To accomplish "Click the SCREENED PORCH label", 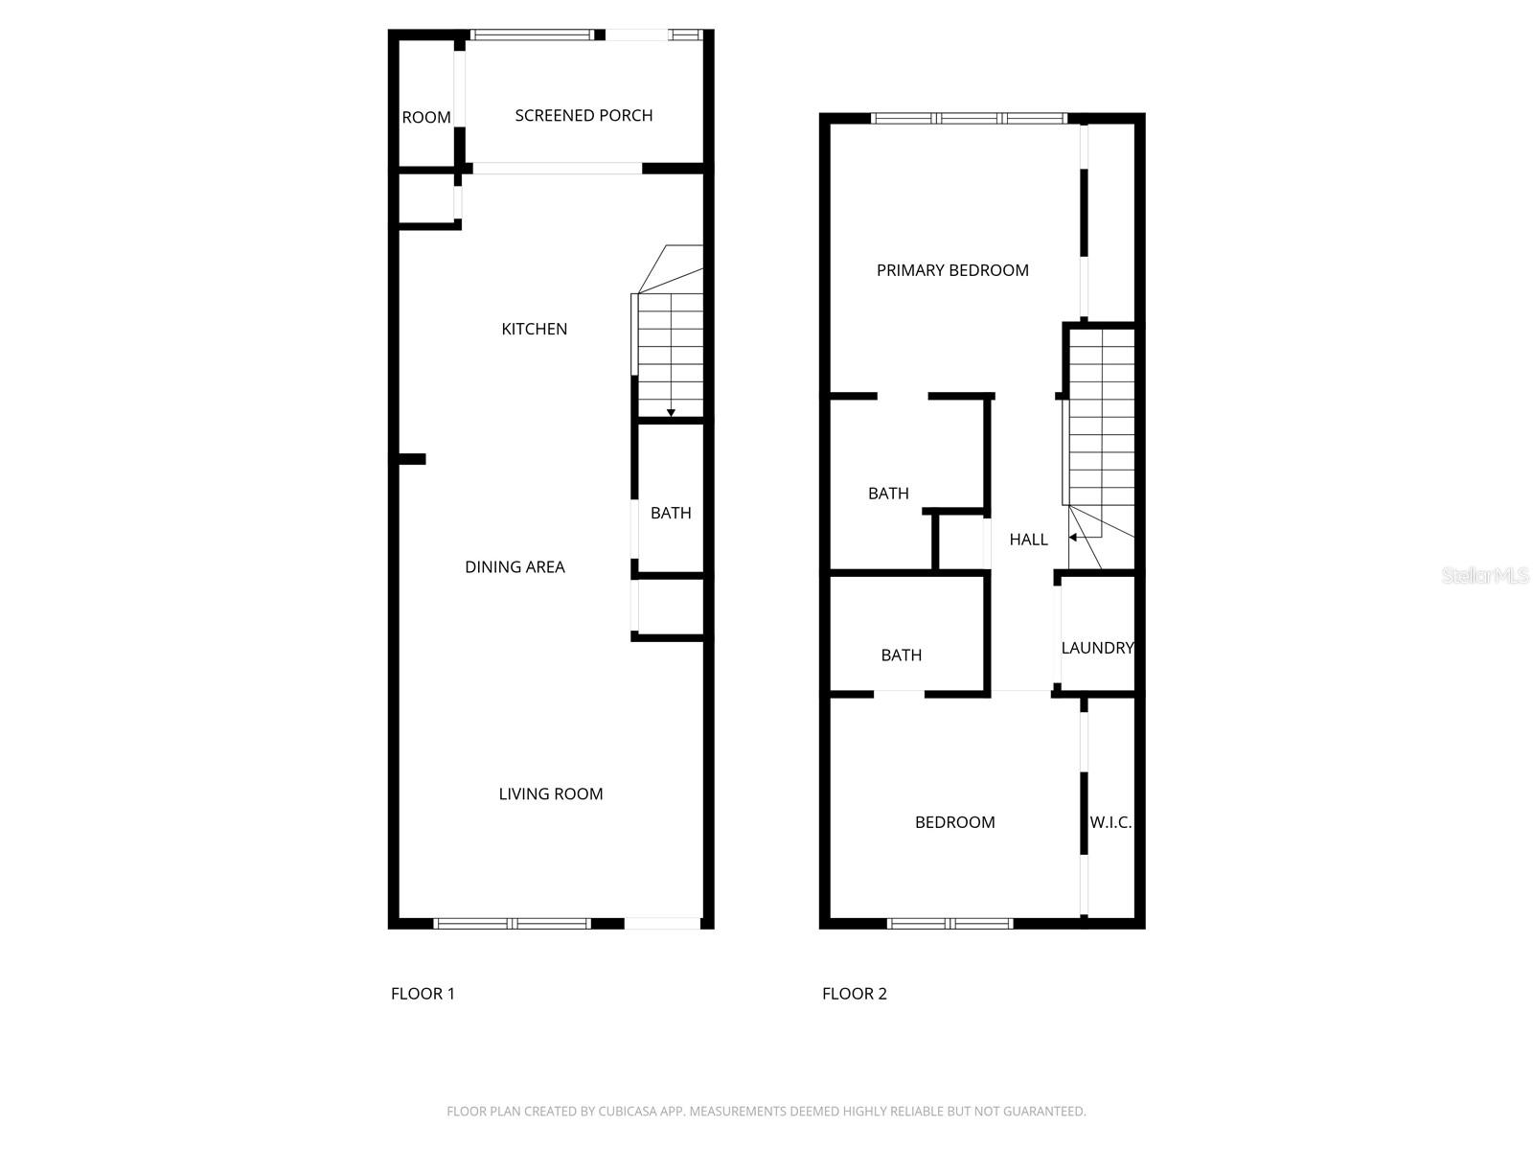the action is tap(583, 115).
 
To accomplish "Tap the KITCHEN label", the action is tap(534, 329).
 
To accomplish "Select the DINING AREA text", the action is tap(515, 567).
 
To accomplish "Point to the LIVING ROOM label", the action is tap(550, 793).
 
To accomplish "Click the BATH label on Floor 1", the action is tap(671, 514).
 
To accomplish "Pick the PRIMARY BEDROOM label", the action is tap(952, 270).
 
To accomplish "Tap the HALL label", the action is tap(1028, 539).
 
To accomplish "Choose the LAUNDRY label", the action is tap(1097, 648).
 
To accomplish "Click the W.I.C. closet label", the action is tap(1110, 822).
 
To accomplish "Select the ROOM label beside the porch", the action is tap(426, 117).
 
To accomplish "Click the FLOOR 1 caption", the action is tap(423, 994).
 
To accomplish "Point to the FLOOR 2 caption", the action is tap(854, 994).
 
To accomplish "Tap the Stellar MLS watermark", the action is tap(1485, 575).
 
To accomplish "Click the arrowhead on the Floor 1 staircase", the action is tap(671, 413).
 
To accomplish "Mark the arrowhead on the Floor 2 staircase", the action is tap(1073, 538).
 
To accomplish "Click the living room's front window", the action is tap(513, 924).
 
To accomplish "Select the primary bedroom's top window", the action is tap(970, 118).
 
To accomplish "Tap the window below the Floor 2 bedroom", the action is tap(950, 924).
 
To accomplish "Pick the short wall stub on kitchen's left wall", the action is tap(411, 459).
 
